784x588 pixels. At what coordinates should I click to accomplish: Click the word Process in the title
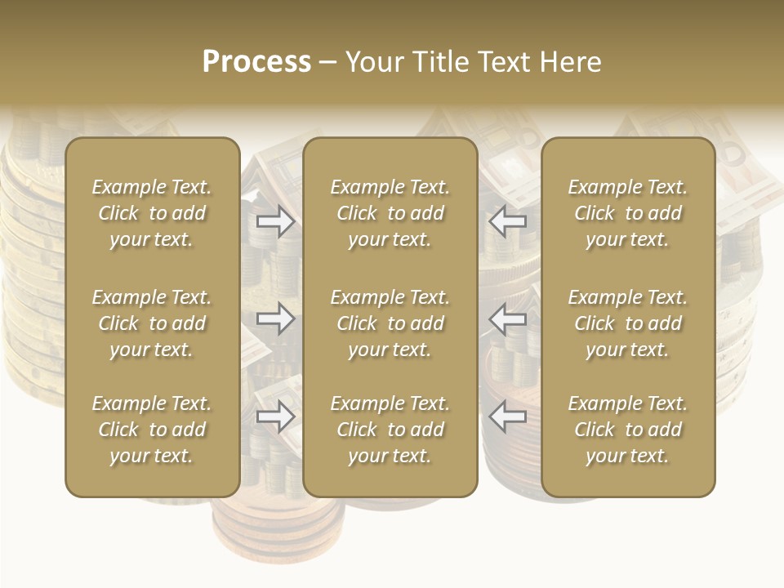(256, 62)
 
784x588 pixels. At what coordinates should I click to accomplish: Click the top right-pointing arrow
(276, 220)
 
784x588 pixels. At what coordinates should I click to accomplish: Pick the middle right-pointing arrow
(276, 318)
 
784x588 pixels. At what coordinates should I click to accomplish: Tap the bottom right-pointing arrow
(276, 416)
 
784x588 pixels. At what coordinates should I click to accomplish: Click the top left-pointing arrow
(507, 220)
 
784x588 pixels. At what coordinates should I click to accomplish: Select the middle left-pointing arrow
(507, 318)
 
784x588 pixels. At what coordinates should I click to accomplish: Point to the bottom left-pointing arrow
(507, 416)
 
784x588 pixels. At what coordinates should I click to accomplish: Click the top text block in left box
(152, 213)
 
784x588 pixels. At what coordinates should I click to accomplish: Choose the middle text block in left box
(152, 323)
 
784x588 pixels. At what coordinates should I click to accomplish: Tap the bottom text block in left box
(152, 430)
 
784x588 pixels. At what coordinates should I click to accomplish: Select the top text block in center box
(390, 213)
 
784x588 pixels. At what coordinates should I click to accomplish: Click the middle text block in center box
(390, 323)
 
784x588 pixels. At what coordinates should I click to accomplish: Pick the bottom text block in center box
(390, 430)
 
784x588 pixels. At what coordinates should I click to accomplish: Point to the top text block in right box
(627, 213)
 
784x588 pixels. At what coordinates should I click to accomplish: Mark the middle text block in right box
(627, 323)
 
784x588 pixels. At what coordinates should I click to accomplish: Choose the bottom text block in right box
(627, 430)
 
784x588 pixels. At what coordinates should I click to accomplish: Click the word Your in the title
(376, 62)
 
